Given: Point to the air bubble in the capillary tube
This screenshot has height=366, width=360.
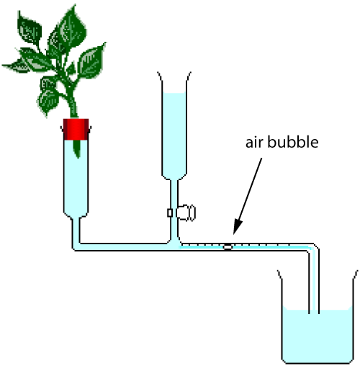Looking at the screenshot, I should point(228,246).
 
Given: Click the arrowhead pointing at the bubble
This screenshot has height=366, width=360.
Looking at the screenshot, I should point(235,235).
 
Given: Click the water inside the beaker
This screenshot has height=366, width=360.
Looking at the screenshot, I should point(317,335).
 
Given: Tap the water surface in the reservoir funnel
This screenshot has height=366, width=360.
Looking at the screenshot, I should point(175,94).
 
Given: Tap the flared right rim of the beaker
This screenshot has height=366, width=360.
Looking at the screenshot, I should point(354,274).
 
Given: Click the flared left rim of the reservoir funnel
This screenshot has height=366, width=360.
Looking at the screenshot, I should point(161,74).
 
